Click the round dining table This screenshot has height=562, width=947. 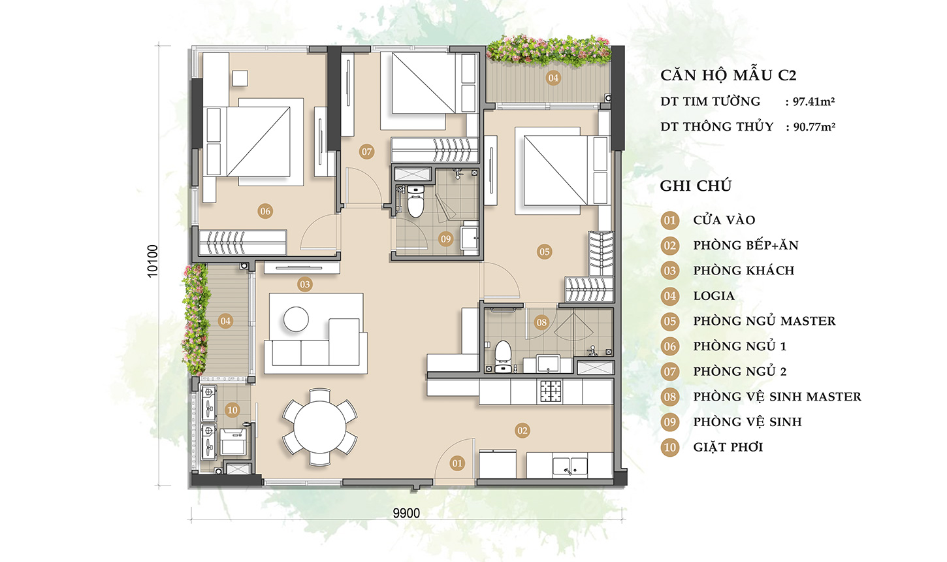[x=319, y=427]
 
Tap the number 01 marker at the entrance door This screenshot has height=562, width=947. [x=457, y=463]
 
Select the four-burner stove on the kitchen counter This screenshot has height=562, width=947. [x=550, y=391]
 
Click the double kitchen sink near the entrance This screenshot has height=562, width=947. [x=570, y=466]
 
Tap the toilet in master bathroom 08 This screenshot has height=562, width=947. [x=503, y=356]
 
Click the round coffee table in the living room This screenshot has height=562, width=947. [x=296, y=319]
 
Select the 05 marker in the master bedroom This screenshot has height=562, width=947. [x=544, y=252]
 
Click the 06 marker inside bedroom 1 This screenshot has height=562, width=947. [x=265, y=211]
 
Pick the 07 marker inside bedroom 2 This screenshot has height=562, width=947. [x=366, y=152]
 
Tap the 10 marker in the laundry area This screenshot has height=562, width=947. [x=232, y=410]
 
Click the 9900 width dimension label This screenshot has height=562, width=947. [x=406, y=514]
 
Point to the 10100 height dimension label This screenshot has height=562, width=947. [x=152, y=261]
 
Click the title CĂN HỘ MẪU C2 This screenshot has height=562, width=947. [x=728, y=75]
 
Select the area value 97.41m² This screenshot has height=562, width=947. [x=814, y=102]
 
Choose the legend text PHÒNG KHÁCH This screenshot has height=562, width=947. [x=744, y=270]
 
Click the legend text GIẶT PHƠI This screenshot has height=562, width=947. [x=728, y=447]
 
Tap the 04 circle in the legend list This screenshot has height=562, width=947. [x=670, y=296]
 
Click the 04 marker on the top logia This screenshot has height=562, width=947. [x=553, y=78]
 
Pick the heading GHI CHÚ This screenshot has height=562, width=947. [x=696, y=186]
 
